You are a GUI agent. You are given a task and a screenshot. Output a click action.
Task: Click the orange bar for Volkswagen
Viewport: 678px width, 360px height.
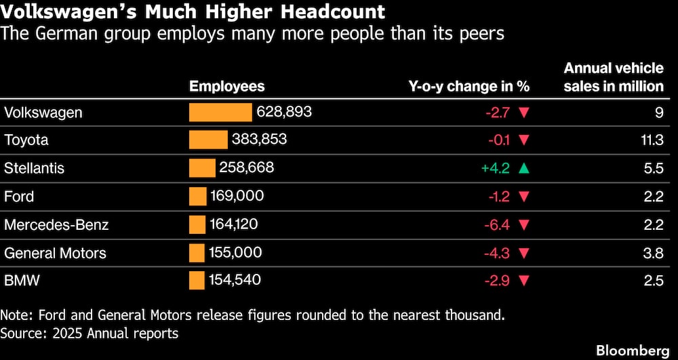[x=220, y=113]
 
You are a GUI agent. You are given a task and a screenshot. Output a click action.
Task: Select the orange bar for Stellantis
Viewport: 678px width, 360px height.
[x=202, y=167]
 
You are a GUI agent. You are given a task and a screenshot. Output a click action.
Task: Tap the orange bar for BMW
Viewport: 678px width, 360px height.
[x=197, y=280]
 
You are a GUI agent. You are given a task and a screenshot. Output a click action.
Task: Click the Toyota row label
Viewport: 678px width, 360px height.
[x=26, y=140]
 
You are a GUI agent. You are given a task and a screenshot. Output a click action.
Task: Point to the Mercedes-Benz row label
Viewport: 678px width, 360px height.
[x=56, y=224]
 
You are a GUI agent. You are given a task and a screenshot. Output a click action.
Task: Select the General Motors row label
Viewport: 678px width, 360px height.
[x=55, y=253]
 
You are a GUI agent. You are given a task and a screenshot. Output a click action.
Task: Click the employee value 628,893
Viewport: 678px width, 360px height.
[x=284, y=113]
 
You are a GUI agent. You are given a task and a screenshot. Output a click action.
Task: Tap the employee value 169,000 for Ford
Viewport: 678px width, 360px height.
[x=237, y=196]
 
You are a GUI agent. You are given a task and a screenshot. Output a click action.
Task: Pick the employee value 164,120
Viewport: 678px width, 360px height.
[x=233, y=224]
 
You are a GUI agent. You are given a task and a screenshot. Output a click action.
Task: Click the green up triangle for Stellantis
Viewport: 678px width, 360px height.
[x=524, y=168]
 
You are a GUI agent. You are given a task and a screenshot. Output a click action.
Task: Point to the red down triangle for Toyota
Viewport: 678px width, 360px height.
[x=524, y=140]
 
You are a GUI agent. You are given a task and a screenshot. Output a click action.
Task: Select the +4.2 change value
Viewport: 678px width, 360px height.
[x=496, y=168]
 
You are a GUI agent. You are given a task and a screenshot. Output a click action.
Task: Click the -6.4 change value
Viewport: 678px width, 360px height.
[x=497, y=224]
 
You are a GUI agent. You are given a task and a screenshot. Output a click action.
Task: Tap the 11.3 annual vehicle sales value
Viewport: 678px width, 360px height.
[x=653, y=140]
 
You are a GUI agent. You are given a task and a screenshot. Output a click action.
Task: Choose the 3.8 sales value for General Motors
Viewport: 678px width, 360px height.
[x=654, y=253]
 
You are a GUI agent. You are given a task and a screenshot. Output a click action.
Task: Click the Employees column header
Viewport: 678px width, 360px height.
[x=227, y=86]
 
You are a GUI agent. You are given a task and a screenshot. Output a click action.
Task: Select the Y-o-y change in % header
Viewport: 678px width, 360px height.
[x=469, y=86]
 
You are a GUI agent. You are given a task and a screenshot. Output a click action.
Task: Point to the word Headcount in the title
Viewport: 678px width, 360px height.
[x=332, y=12]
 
